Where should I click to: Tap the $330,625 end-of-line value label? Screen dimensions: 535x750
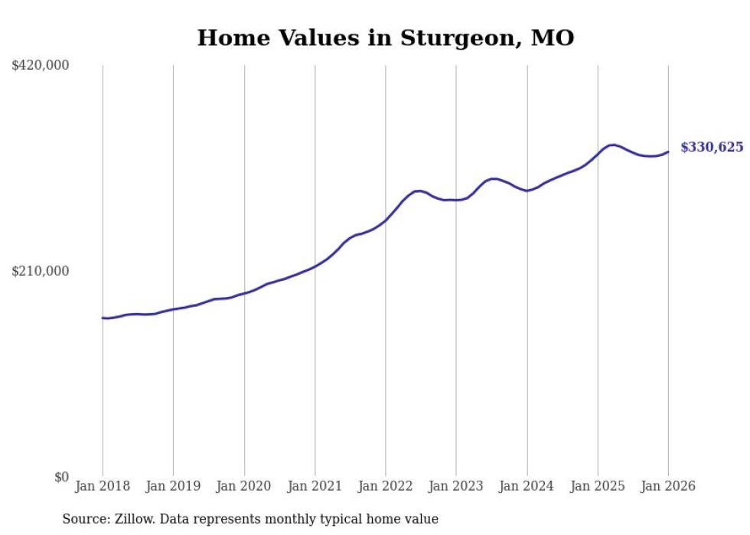point(711,147)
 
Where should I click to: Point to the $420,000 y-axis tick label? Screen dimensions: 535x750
point(41,66)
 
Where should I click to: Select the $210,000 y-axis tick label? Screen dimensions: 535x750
point(41,271)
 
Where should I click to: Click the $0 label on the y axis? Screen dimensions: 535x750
point(61,477)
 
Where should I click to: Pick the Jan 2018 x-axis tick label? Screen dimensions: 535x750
point(103,486)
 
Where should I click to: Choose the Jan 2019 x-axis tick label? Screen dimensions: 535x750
point(173,486)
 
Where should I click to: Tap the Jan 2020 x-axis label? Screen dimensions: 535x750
point(244,486)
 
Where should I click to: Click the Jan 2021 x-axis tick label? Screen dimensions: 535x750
point(315,486)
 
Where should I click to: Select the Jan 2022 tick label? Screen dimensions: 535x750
point(385,486)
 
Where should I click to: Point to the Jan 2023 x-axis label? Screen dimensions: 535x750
point(456,486)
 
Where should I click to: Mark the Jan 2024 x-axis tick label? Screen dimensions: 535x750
point(527,486)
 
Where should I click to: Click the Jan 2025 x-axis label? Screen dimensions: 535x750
point(597,486)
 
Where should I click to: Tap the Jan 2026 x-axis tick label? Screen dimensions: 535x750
point(668,486)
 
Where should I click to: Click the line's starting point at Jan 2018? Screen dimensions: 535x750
point(103,318)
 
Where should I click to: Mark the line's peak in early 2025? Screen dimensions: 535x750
point(612,145)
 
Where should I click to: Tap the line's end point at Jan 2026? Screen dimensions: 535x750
point(668,152)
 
